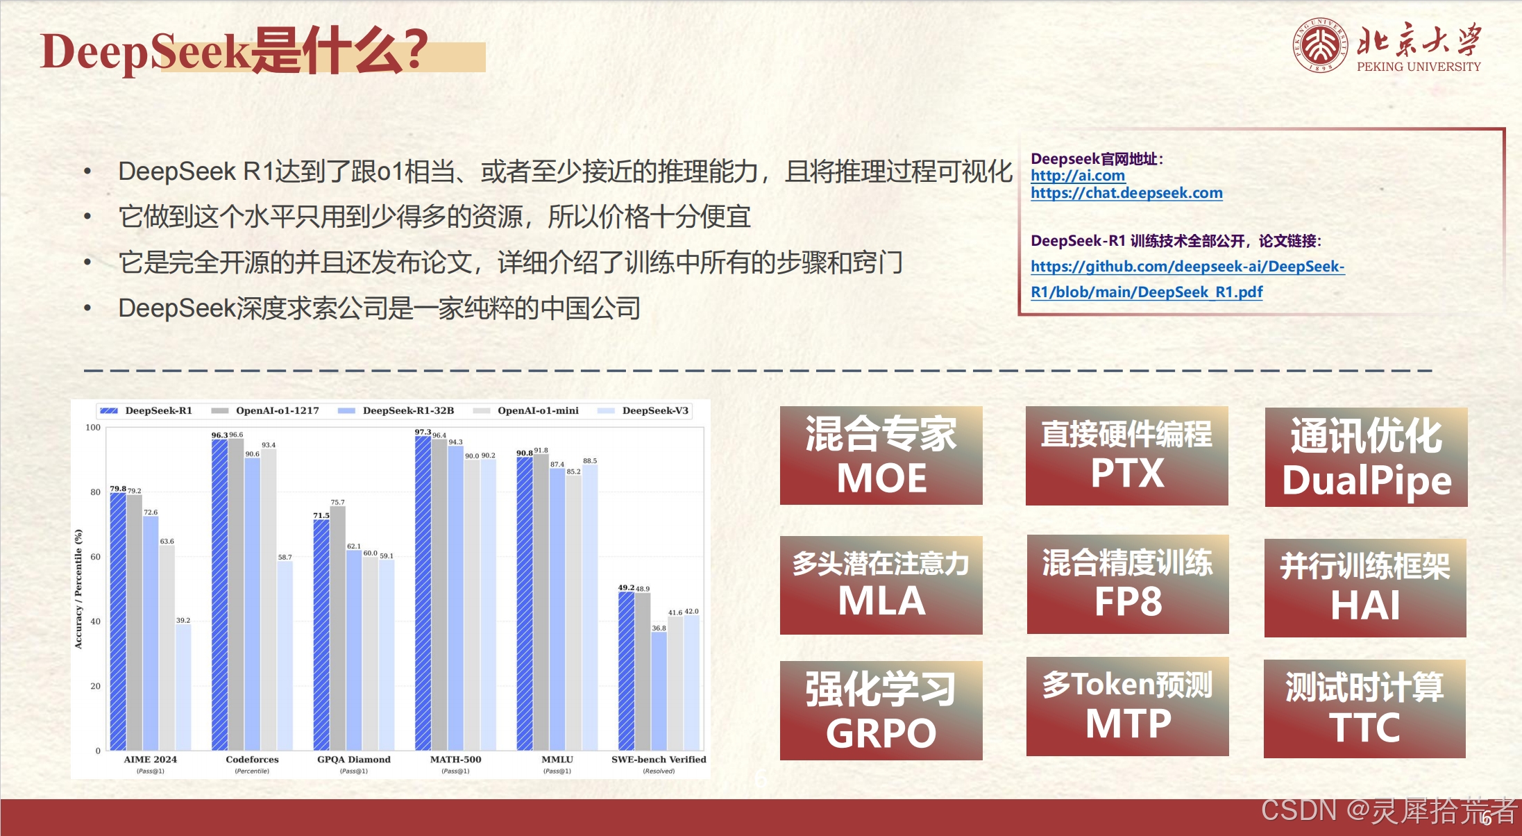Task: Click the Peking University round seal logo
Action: point(1319,46)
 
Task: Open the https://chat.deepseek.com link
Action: point(1126,193)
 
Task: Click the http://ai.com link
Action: point(1078,176)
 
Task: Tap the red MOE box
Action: point(881,455)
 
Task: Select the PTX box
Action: point(1127,455)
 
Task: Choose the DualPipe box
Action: point(1366,457)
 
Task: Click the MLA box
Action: point(881,585)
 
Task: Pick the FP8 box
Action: point(1128,584)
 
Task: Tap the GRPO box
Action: point(881,710)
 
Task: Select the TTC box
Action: point(1364,708)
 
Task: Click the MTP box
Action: point(1127,706)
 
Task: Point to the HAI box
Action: point(1365,587)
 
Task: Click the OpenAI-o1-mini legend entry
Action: point(525,410)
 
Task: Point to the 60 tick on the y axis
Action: point(95,557)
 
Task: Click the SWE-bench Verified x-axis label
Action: point(659,760)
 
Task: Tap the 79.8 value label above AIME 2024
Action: point(118,489)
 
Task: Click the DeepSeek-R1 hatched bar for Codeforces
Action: point(219,594)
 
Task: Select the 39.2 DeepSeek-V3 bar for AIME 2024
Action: point(183,687)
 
